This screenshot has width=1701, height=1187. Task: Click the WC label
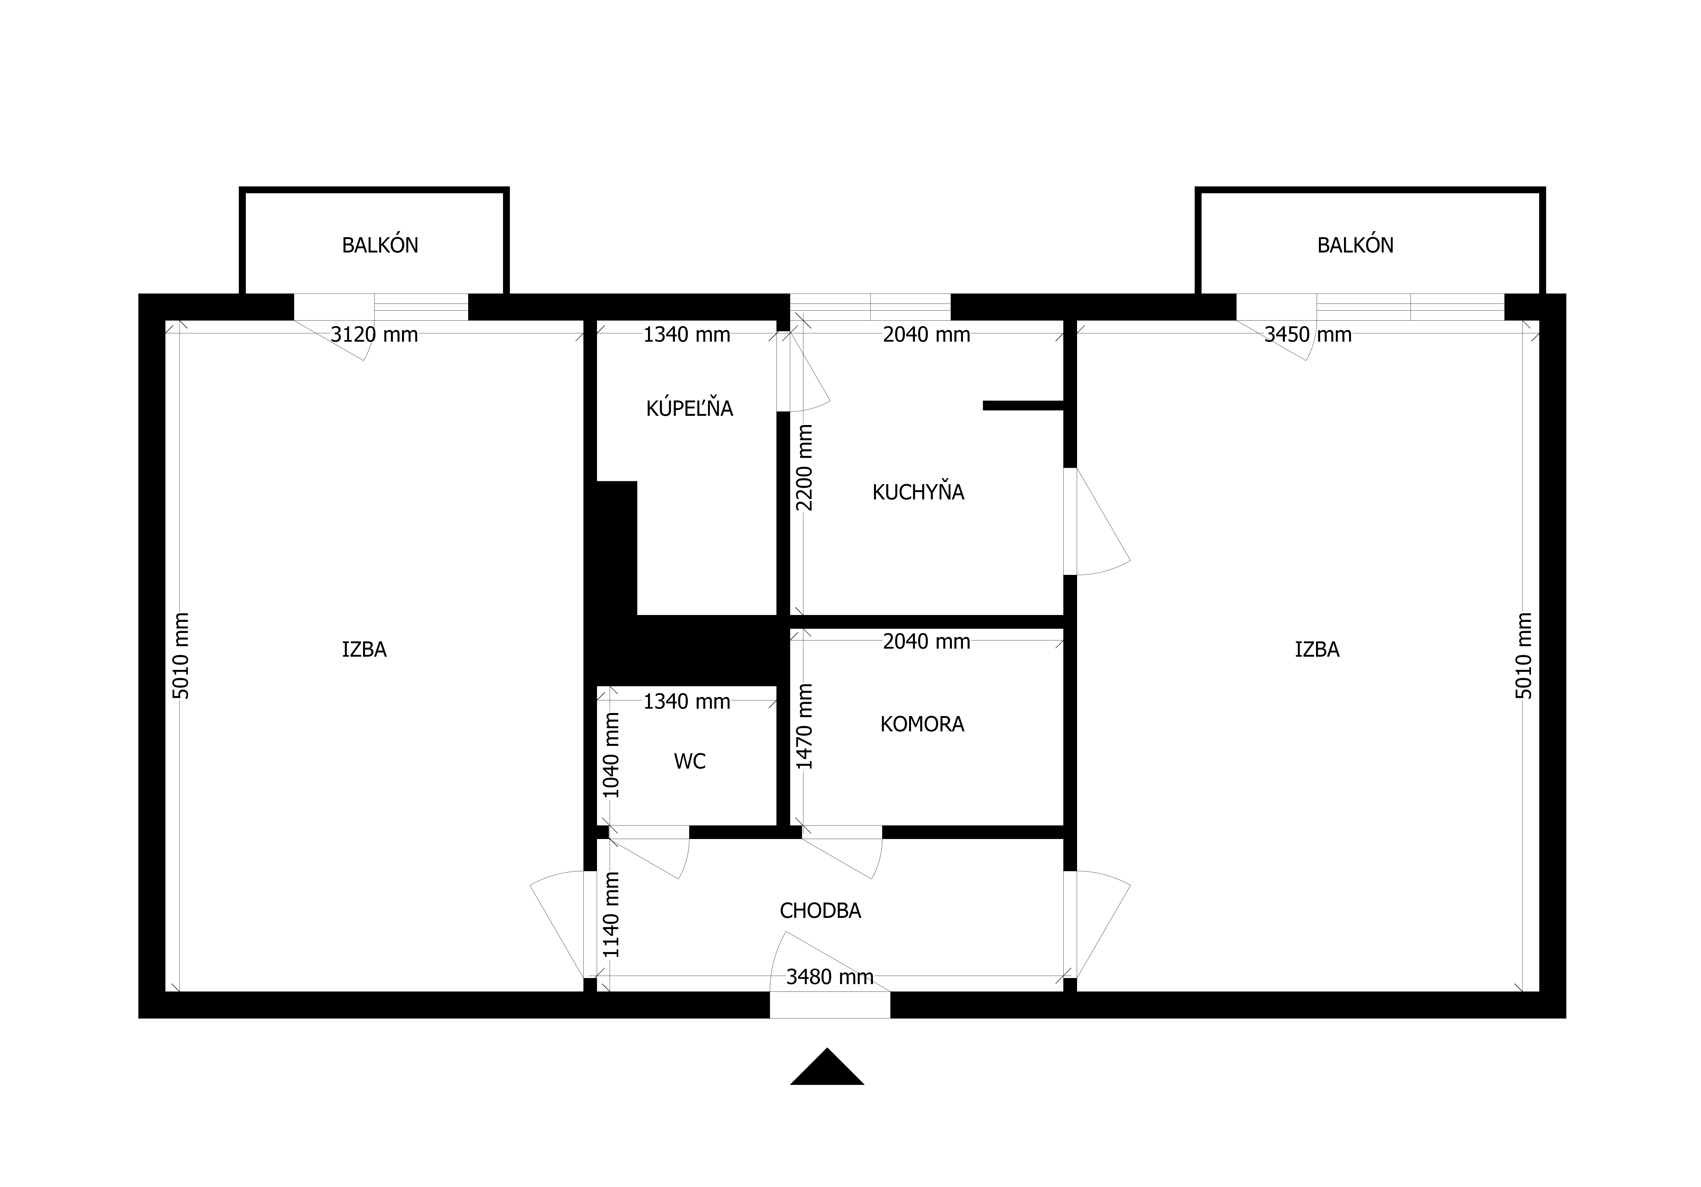pos(690,761)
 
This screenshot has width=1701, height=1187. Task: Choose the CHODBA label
pos(820,911)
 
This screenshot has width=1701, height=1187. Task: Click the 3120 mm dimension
pos(374,335)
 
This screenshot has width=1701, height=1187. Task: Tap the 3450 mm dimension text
pos(1308,335)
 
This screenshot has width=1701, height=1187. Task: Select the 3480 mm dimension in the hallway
pos(830,978)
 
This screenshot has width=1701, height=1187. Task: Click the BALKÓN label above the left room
pos(380,245)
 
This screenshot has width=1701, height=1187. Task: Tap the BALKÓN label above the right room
pos(1355,245)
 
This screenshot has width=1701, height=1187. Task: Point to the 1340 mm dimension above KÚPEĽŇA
pos(687,335)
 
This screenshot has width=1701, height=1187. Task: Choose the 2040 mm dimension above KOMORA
pos(926,641)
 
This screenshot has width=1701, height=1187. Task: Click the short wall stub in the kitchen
pos(1023,405)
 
